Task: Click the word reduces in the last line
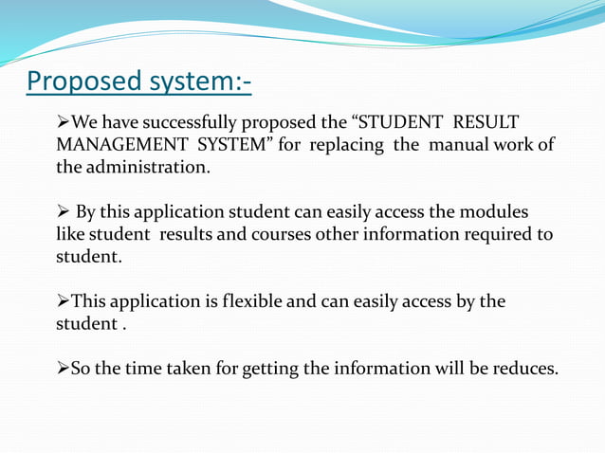[526, 368]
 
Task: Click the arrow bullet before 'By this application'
[64, 211]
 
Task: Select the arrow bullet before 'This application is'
[64, 301]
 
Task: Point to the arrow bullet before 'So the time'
[64, 368]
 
